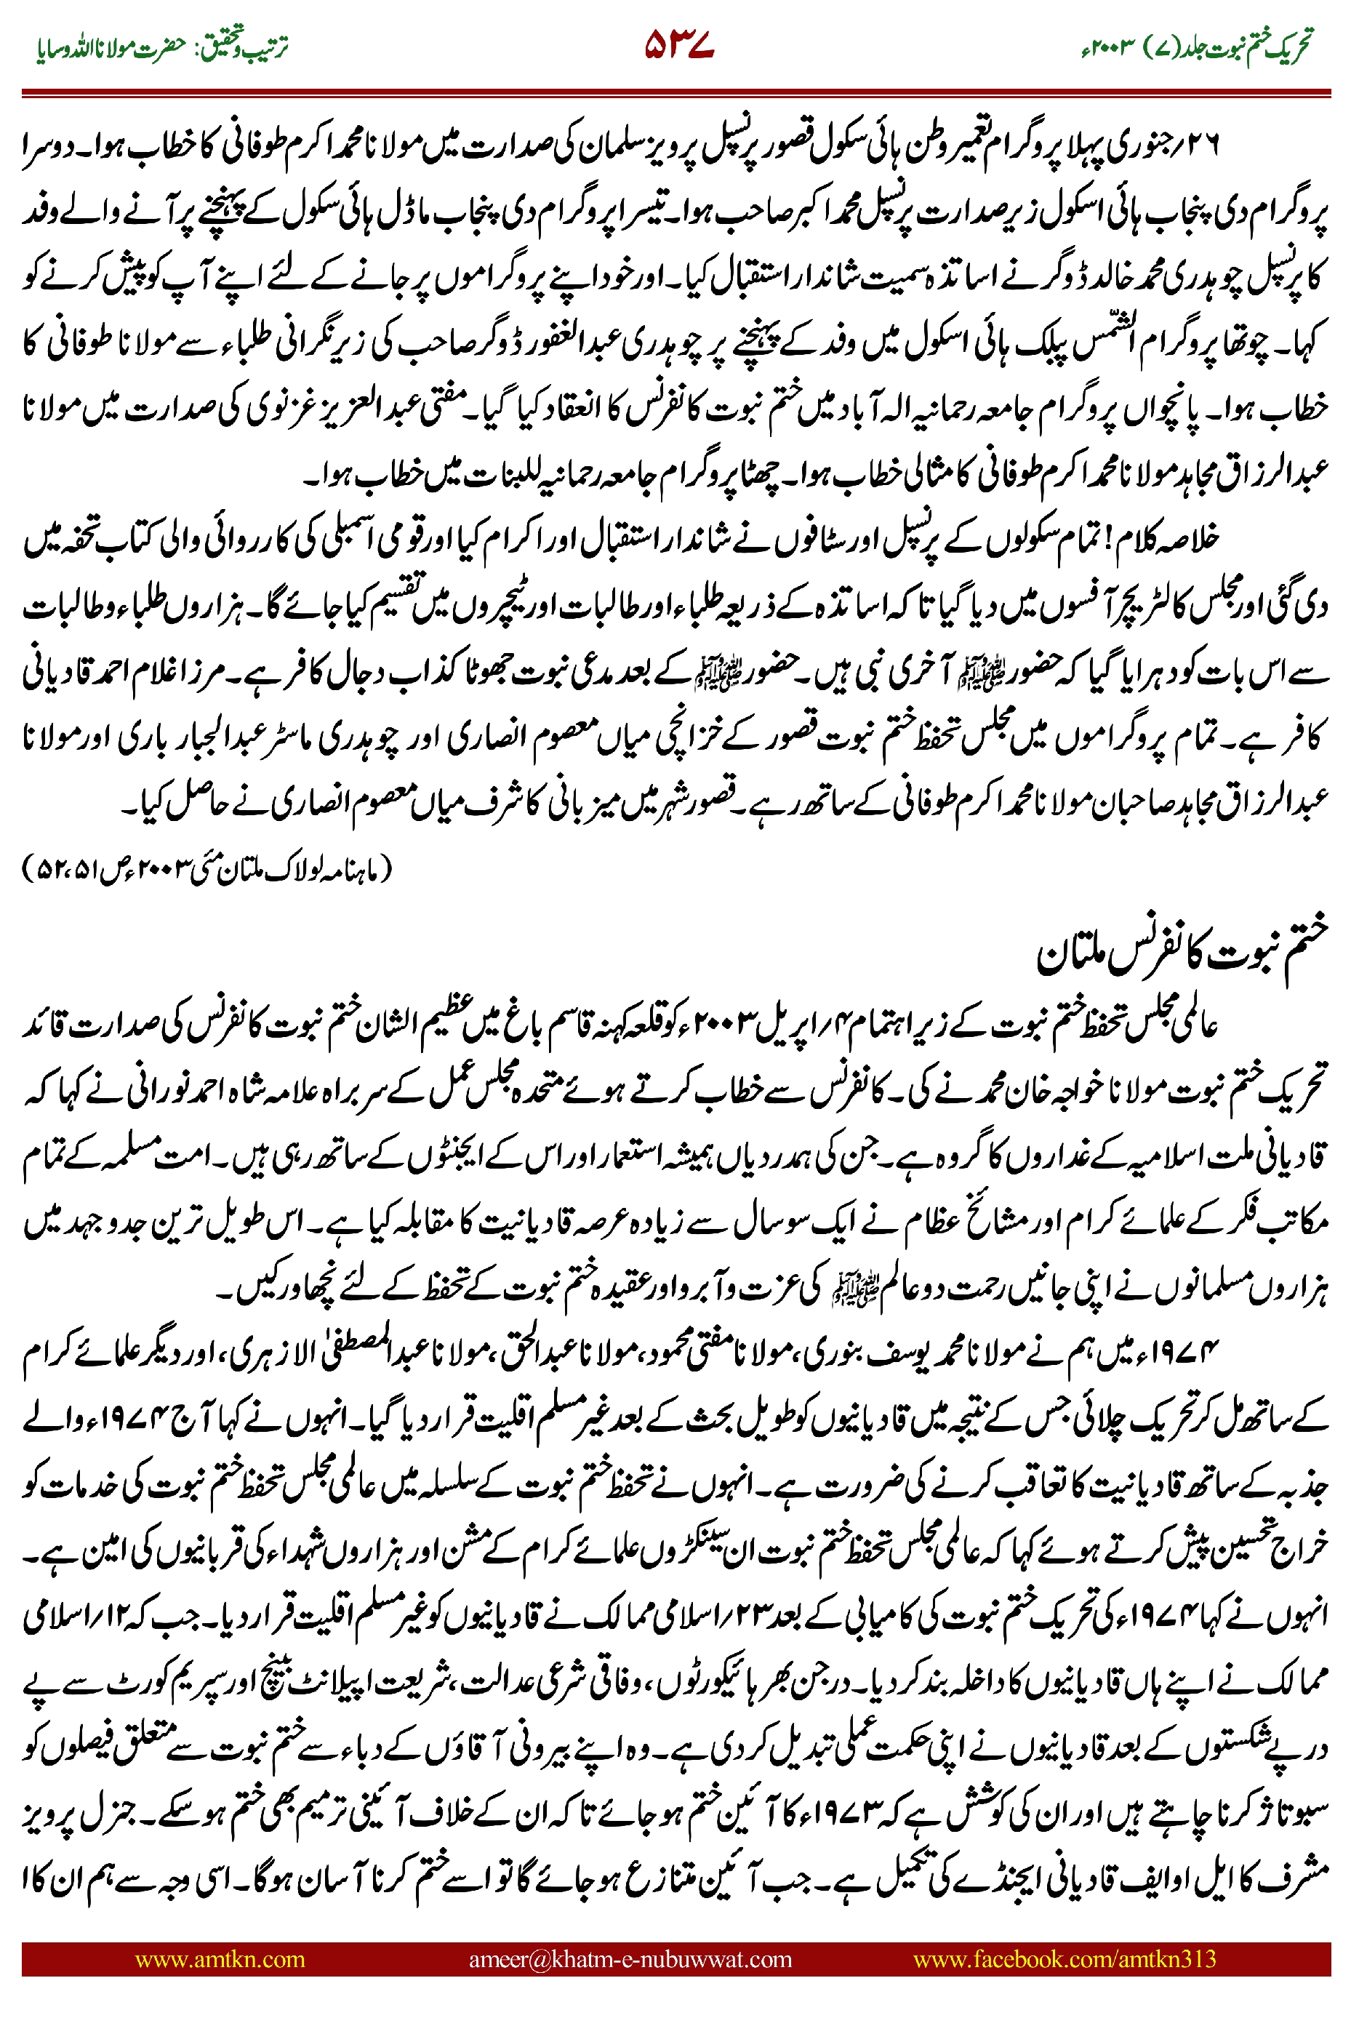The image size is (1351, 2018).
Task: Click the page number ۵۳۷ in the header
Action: tap(679, 45)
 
